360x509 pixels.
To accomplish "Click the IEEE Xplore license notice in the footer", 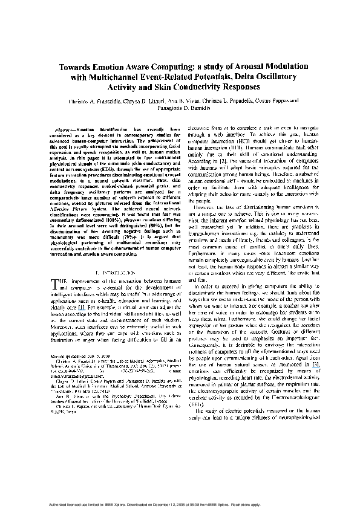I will point(180,503).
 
